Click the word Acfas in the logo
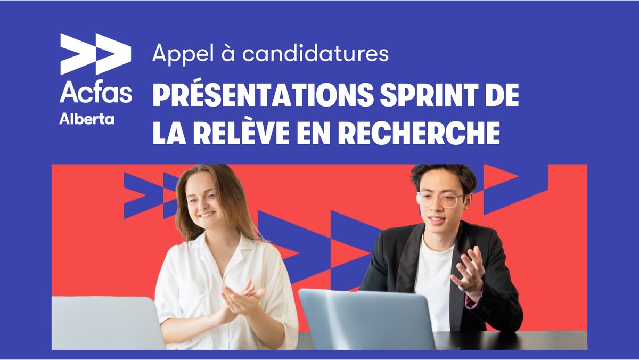tap(96, 92)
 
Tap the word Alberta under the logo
tap(87, 119)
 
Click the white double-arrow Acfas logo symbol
tap(96, 53)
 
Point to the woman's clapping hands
tap(240, 298)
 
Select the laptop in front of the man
tap(367, 320)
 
